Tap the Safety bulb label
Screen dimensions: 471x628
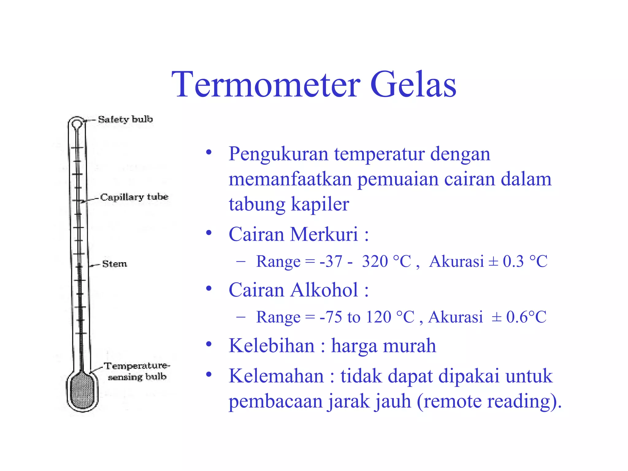125,119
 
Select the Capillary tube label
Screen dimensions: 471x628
134,197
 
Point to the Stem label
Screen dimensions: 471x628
114,264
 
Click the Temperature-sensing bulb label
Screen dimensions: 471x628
136,371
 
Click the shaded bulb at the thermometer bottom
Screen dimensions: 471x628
82,391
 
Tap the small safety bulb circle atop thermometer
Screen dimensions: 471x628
77,124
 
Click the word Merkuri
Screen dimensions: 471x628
324,235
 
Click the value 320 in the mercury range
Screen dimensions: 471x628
375,262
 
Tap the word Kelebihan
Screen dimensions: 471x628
272,346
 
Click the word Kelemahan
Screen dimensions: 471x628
276,376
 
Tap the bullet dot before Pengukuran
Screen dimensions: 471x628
209,152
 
